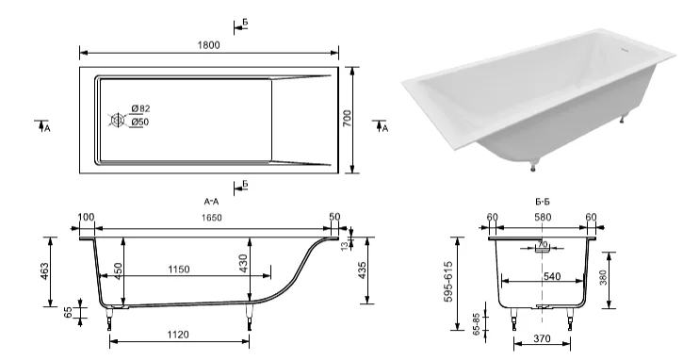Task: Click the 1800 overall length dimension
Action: tap(208, 45)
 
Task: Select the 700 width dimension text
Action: tap(348, 118)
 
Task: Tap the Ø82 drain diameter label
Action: tap(141, 108)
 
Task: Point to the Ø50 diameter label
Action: tap(140, 122)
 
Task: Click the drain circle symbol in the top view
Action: tap(118, 121)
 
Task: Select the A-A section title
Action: tap(211, 202)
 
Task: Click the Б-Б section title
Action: tap(543, 202)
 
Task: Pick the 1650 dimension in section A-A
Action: tap(211, 218)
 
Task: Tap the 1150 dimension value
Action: tap(178, 270)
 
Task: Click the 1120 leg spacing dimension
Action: tap(178, 335)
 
